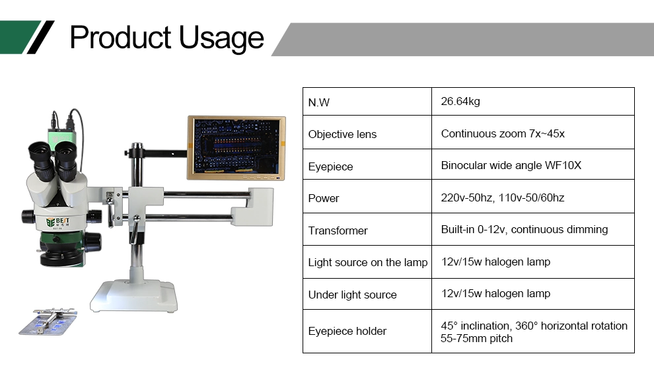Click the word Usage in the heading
[x=221, y=38]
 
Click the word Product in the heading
[x=120, y=38]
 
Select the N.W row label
[x=318, y=102]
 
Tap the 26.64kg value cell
[x=460, y=101]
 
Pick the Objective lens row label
[x=342, y=134]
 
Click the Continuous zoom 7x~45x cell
[x=503, y=133]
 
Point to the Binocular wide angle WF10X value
[x=511, y=165]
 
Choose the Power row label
[x=323, y=198]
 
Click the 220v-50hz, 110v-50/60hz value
[x=503, y=197]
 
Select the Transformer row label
[x=338, y=230]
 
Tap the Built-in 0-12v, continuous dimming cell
[x=525, y=229]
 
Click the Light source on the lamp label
[x=368, y=262]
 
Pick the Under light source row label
[x=353, y=295]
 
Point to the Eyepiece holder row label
[x=347, y=331]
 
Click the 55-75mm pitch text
[x=476, y=338]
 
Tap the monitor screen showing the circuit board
[x=236, y=147]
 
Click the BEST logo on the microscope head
[x=57, y=221]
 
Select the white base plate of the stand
[x=134, y=296]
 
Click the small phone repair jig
[x=48, y=322]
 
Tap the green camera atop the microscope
[x=61, y=136]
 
